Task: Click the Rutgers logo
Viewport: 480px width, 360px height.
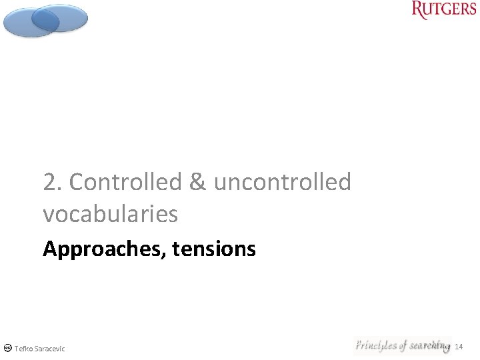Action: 444,10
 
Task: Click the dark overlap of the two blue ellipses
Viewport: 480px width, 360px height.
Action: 45,19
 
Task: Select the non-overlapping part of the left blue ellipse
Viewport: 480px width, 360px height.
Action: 19,25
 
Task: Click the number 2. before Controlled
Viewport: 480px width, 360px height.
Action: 53,182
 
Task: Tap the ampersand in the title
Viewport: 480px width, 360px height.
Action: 197,182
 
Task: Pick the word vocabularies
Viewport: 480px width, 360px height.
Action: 110,214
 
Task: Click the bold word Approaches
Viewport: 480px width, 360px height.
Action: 103,249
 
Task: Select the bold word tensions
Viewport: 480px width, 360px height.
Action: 214,249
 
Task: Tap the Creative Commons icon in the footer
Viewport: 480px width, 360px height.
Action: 7,348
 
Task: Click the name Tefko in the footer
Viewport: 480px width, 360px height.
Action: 24,348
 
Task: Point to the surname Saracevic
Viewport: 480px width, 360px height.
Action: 50,348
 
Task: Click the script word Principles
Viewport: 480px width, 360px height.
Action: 376,345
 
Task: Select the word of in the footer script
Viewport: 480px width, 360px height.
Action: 403,345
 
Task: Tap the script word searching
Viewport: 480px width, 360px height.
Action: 429,345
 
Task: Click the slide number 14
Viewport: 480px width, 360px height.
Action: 459,347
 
